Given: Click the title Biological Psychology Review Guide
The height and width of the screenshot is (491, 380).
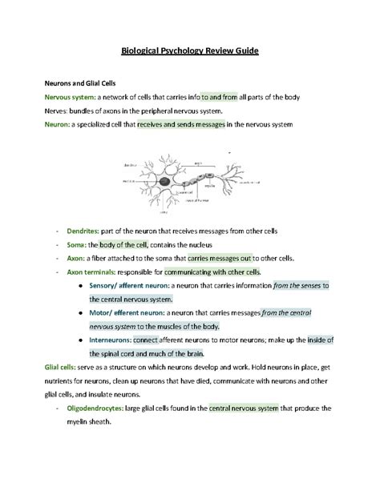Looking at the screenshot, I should pos(189,50).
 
